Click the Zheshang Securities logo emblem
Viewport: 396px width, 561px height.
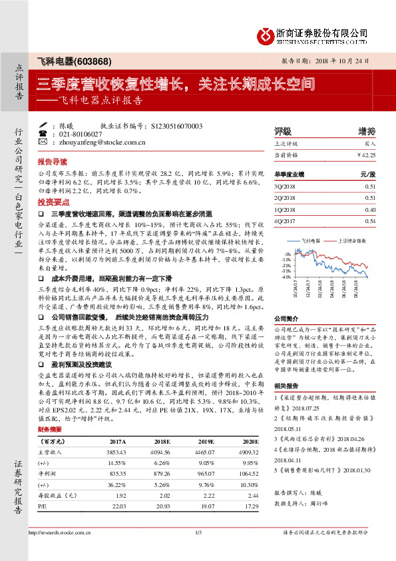pos(265,34)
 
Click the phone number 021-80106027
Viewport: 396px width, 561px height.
pos(83,134)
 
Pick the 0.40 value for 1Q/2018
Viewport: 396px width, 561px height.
pos(371,209)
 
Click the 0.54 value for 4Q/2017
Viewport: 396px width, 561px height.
pos(371,221)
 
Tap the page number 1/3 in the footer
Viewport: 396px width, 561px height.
pos(198,550)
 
